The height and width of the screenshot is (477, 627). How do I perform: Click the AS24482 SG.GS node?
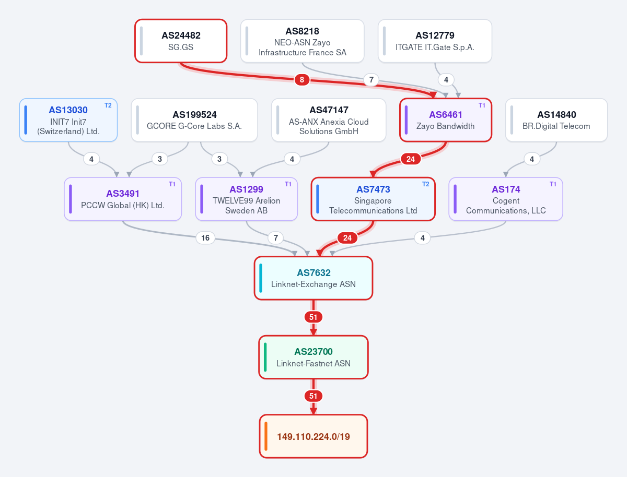[x=181, y=41]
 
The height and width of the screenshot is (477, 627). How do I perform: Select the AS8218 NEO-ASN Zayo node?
[x=302, y=41]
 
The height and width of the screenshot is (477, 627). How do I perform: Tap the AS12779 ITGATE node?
[x=435, y=41]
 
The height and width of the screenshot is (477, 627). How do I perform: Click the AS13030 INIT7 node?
[x=68, y=120]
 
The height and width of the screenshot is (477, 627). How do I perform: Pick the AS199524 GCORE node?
[x=194, y=120]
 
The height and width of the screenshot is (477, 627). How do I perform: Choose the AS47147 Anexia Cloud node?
[x=329, y=120]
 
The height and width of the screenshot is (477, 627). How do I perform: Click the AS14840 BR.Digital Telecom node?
[x=556, y=120]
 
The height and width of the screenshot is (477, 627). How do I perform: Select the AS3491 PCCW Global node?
[x=123, y=199]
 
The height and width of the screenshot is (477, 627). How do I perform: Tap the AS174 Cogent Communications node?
[x=506, y=199]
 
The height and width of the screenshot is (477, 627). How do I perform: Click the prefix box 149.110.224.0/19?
[x=313, y=436]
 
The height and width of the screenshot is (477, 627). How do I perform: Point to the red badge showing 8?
[x=302, y=80]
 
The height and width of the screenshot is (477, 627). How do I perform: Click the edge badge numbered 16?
[x=205, y=238]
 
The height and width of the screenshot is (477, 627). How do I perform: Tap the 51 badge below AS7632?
[x=313, y=317]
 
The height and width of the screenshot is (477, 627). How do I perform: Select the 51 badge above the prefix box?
[x=313, y=396]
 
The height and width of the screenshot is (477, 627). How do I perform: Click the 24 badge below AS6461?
[x=411, y=159]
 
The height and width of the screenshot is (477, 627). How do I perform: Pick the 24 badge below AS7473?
[x=347, y=238]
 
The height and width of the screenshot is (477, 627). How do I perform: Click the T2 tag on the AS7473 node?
[x=426, y=184]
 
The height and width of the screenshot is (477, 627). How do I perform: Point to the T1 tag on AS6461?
[x=482, y=105]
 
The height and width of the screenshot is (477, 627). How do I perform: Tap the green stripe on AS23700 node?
[x=265, y=357]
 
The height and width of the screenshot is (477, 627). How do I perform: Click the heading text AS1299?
[x=246, y=189]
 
